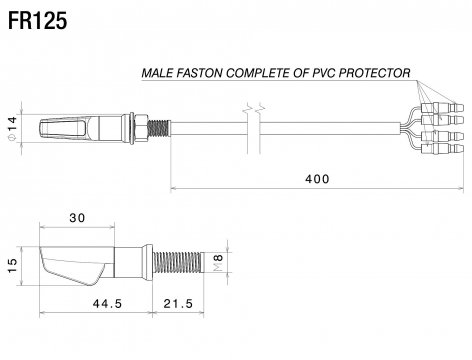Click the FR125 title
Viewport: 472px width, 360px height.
click(x=37, y=21)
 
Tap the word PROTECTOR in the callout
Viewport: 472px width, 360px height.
click(x=374, y=73)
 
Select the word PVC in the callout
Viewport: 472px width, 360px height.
click(x=324, y=73)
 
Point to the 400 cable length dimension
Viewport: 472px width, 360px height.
click(x=317, y=179)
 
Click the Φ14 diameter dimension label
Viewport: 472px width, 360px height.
click(x=12, y=129)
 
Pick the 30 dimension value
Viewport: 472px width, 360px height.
click(x=77, y=218)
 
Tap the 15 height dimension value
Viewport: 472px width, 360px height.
click(x=12, y=265)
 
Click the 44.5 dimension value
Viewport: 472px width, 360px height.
click(x=107, y=304)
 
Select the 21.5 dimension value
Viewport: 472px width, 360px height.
click(x=178, y=304)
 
